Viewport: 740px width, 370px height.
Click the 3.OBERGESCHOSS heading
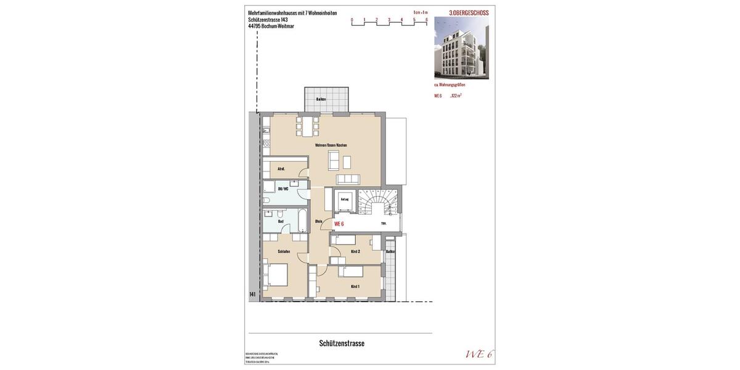469,13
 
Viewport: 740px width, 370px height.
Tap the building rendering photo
461,47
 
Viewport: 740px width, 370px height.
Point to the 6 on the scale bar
427,20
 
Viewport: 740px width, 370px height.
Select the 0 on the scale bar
352,20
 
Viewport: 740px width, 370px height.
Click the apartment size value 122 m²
456,96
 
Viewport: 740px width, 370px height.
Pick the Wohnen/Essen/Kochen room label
331,145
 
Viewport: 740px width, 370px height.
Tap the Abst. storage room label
281,168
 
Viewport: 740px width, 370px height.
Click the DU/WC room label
283,189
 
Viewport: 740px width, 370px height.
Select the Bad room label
281,221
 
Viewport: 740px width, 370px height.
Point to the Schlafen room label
284,251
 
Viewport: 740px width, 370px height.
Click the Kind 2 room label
355,251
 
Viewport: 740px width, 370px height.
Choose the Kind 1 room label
355,286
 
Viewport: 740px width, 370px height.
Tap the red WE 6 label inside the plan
339,224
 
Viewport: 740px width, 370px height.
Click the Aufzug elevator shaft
344,200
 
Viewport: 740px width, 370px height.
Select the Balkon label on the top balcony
321,99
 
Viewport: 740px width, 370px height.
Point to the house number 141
253,294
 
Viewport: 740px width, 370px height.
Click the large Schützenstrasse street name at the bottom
342,343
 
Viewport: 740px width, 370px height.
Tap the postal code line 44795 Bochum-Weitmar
271,26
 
